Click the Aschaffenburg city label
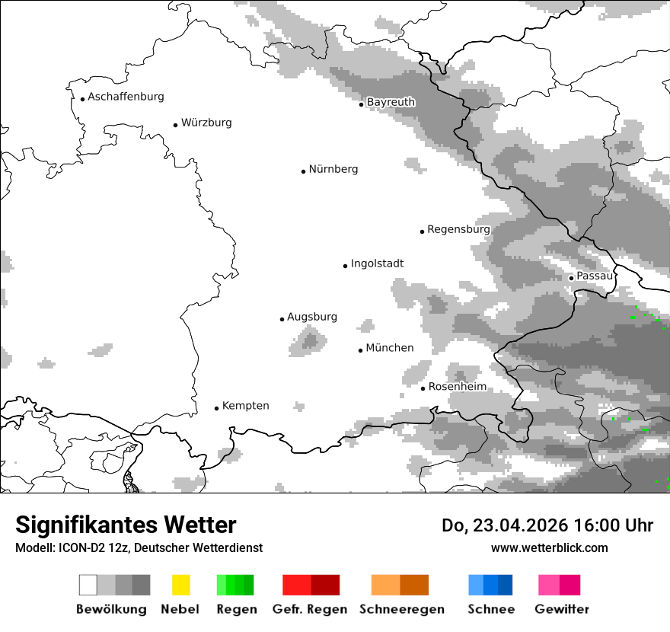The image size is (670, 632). point(126,97)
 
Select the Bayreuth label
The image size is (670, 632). point(391,102)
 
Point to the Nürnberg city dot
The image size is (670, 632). point(303,171)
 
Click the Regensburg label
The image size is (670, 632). point(458,229)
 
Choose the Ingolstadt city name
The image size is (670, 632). point(377,263)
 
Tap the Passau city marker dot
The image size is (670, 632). point(571,278)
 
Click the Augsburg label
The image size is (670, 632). point(312,317)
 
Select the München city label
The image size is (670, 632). point(390,348)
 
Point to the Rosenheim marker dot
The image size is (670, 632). point(423,388)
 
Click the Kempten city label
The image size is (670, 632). point(245,406)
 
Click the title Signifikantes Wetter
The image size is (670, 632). point(126,525)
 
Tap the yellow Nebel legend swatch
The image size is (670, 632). point(180,585)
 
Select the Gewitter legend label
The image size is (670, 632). point(562,609)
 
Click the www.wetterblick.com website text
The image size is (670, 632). point(549,547)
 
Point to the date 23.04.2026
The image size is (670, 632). point(518,525)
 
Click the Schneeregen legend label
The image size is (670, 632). point(401,609)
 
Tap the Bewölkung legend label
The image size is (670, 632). point(111,609)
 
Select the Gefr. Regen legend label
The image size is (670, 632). point(310,609)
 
